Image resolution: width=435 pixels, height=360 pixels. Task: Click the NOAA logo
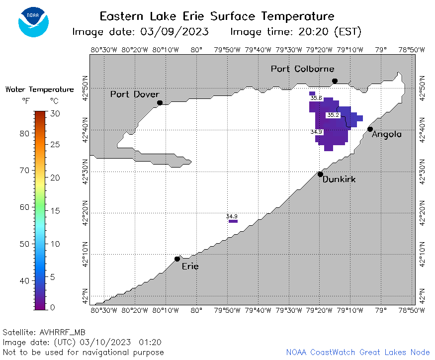[34, 22]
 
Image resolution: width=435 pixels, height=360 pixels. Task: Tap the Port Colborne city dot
[335, 81]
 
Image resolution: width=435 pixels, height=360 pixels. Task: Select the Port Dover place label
[135, 94]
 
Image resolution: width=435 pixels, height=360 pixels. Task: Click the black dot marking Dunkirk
[320, 175]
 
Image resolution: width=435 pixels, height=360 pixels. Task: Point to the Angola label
[386, 134]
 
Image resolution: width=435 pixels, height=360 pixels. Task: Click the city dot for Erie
[177, 259]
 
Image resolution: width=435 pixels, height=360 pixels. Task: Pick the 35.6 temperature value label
[316, 98]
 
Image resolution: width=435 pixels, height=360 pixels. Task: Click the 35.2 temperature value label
[333, 115]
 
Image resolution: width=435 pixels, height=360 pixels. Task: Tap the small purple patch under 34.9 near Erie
[233, 221]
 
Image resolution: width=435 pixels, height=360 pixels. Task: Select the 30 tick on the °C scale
[55, 113]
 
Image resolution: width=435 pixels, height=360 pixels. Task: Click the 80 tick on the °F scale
[24, 133]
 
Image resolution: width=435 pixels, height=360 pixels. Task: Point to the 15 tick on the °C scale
[55, 211]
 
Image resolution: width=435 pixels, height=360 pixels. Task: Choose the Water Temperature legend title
[39, 90]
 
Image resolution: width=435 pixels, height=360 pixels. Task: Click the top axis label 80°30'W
[104, 50]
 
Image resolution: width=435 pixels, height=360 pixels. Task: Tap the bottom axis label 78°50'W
[412, 310]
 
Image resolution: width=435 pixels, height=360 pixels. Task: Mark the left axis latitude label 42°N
[85, 296]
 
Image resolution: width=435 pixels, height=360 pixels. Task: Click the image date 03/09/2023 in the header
[174, 32]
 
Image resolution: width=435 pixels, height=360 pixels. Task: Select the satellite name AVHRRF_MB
[63, 332]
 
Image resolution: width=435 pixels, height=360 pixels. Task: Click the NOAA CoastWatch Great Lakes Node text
[358, 352]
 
